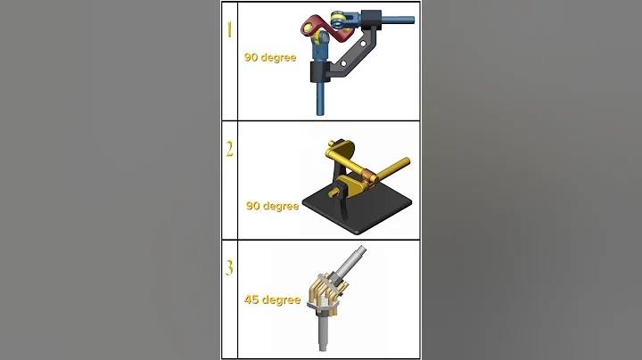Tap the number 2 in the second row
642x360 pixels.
coord(229,149)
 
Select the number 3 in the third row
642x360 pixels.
coord(229,267)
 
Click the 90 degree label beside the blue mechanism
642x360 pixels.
coord(272,57)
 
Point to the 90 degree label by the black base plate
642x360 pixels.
coord(272,206)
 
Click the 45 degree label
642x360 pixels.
coord(272,300)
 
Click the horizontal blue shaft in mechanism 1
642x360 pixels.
coord(397,16)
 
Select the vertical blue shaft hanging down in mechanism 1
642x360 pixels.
coord(319,98)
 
